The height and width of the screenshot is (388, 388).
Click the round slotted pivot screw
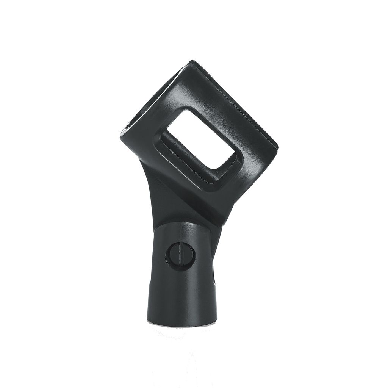180,255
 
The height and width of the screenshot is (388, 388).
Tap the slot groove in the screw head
180,255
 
